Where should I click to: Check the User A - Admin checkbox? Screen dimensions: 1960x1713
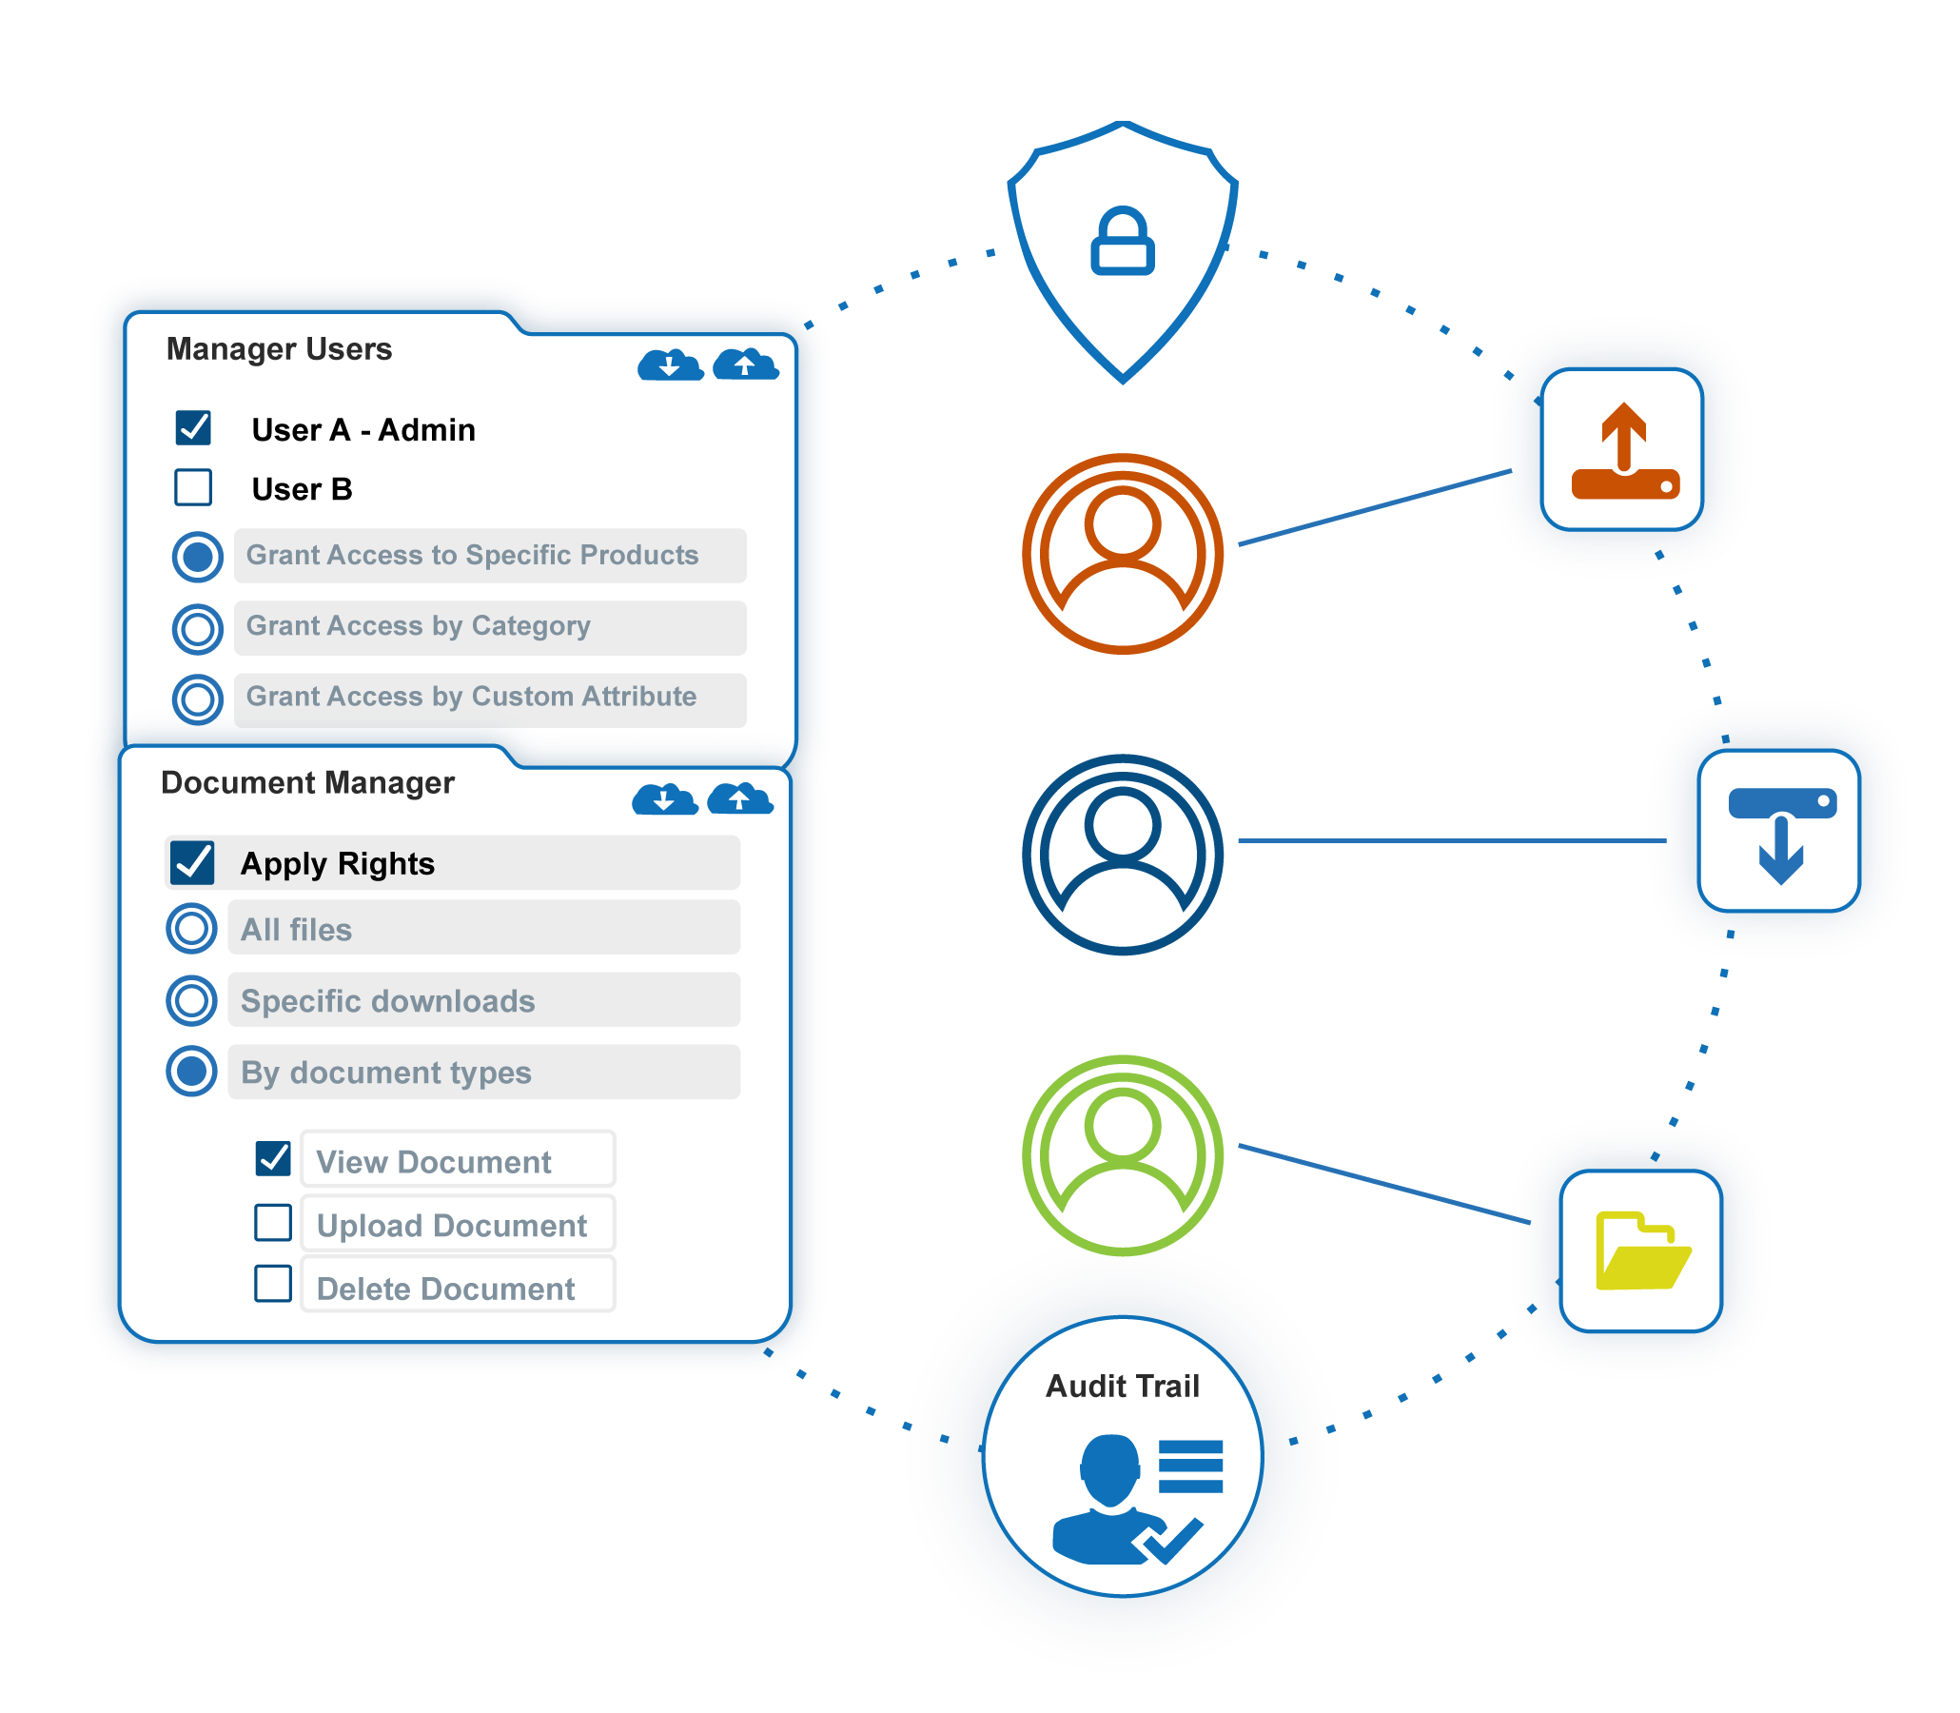tap(193, 427)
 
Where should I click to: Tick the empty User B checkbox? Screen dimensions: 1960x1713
tap(193, 486)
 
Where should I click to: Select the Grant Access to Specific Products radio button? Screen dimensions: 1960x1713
tap(198, 557)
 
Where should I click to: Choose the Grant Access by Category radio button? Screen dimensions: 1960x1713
tap(198, 628)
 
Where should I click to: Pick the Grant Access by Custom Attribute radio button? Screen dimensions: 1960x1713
tap(198, 699)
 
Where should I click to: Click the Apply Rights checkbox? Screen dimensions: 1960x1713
tap(192, 862)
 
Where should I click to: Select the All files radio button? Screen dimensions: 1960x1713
tap(191, 928)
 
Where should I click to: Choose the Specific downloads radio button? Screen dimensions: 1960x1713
tap(191, 1000)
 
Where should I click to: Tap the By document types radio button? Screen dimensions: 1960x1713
tap(191, 1071)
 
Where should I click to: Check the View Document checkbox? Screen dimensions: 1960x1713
tap(273, 1158)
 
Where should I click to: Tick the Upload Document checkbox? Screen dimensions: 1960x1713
tap(273, 1223)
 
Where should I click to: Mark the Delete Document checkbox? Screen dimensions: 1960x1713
tap(273, 1284)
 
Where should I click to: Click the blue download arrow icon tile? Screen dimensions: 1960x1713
tap(1779, 832)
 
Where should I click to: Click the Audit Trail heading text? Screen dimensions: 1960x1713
tap(1122, 1386)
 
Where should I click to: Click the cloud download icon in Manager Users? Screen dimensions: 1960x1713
tap(670, 364)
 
